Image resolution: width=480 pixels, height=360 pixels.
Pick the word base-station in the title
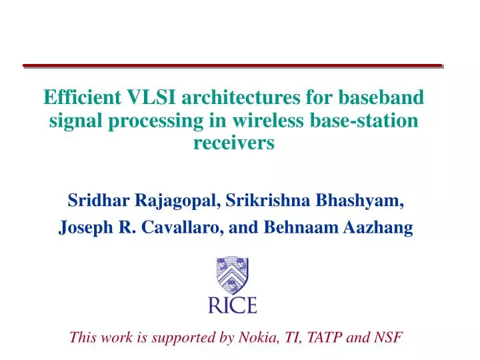pos(372,121)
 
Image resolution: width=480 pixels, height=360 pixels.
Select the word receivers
pos(233,143)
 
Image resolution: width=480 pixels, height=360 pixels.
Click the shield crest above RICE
pos(233,276)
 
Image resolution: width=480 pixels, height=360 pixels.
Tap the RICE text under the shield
pos(233,305)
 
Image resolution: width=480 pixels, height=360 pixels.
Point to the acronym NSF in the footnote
pos(389,337)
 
